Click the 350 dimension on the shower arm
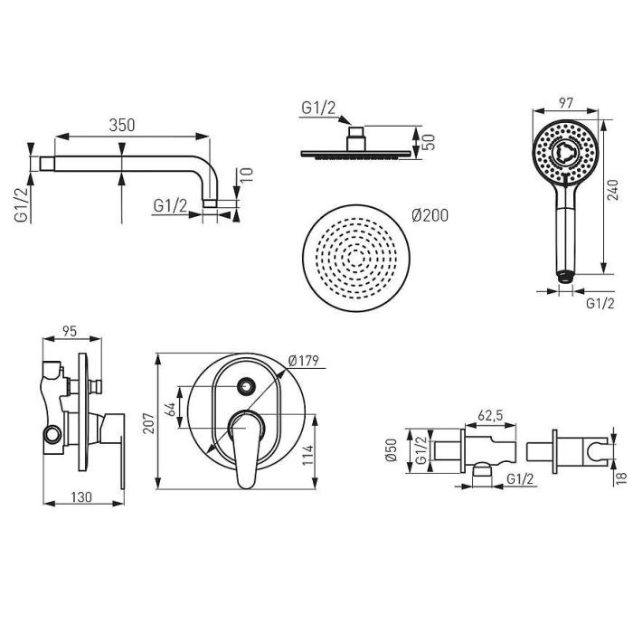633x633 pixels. [121, 125]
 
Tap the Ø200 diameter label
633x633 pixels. [430, 215]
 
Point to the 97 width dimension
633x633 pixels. [566, 103]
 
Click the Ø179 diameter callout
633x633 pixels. [304, 360]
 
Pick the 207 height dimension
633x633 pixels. [150, 422]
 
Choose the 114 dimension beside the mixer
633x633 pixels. [308, 455]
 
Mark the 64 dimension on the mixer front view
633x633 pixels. [172, 409]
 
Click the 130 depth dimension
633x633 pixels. [81, 497]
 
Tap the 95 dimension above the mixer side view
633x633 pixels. [70, 331]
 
